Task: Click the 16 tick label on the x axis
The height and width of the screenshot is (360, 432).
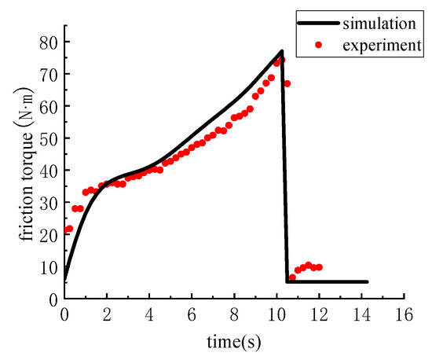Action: click(x=404, y=314)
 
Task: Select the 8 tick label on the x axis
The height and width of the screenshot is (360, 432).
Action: click(x=234, y=314)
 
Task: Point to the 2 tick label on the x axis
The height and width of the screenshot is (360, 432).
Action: click(x=107, y=314)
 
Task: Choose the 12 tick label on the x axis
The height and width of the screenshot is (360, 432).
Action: click(x=319, y=314)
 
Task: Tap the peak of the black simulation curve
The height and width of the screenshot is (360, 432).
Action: click(x=282, y=51)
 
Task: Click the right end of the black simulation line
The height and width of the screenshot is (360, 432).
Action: click(x=367, y=281)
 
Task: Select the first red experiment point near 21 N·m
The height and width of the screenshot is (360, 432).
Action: click(x=68, y=229)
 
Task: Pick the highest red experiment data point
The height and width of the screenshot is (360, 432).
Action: click(x=281, y=60)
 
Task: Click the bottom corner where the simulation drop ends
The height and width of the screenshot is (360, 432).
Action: click(x=287, y=281)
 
